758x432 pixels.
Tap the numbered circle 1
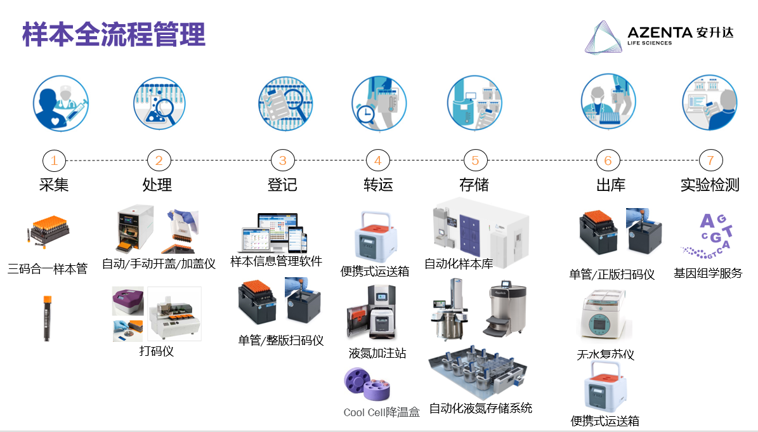(54, 160)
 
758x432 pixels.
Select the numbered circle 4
(378, 160)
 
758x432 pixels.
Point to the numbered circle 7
(710, 160)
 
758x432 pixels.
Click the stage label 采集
(54, 185)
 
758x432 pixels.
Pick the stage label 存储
(474, 185)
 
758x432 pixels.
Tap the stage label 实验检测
(710, 185)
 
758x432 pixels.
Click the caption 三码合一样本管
(48, 268)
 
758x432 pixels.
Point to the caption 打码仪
(156, 350)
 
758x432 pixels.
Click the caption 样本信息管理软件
(276, 261)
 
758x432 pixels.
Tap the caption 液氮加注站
(377, 353)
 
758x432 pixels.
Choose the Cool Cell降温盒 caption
(381, 412)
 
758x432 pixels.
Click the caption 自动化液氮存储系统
(480, 408)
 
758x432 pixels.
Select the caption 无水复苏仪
(605, 355)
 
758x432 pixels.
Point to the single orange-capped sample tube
(47, 318)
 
